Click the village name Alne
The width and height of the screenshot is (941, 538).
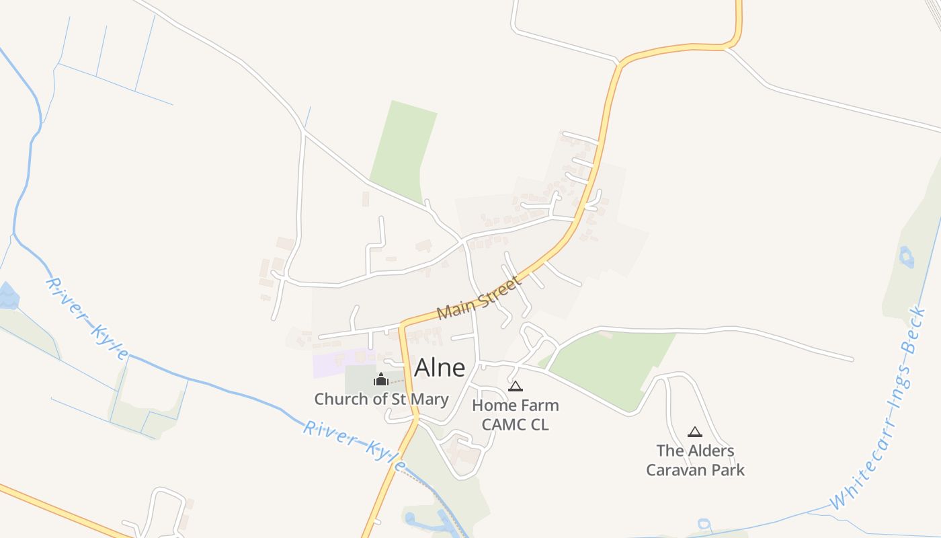[x=440, y=367]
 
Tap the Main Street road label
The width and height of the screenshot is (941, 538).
[x=479, y=299]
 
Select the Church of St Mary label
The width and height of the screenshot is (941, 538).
[x=381, y=399]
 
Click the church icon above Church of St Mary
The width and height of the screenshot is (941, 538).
[x=381, y=380]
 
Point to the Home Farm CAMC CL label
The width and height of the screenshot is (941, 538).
[x=515, y=415]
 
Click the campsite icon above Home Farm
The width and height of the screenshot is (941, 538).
[x=516, y=386]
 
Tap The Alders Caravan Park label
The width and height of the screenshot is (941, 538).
[x=696, y=460]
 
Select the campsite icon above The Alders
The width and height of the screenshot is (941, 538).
[x=695, y=432]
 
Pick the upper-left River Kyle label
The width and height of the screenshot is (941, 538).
[x=87, y=318]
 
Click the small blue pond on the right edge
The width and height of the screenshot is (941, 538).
[x=906, y=256]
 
